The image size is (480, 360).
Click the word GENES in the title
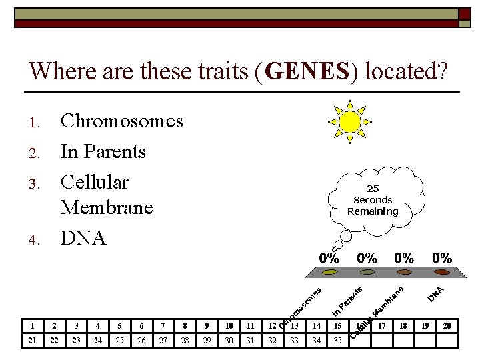point(307,71)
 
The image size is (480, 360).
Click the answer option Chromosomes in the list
point(121,121)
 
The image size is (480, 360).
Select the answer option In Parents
point(103,152)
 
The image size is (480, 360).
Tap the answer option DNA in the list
point(83,238)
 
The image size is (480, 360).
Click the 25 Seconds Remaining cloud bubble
point(373,200)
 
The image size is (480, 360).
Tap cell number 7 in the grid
point(163,326)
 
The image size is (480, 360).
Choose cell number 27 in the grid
point(163,340)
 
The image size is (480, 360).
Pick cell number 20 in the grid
point(447,326)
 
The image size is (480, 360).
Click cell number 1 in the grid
point(32,326)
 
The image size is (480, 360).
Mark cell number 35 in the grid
point(338,340)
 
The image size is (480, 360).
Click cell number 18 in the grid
point(403,326)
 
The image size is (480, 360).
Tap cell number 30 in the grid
point(229,340)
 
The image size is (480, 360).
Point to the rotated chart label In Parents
point(347,301)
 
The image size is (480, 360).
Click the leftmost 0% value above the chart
point(329,258)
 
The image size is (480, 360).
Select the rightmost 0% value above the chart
point(442,258)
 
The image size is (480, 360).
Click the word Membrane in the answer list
point(106,208)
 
